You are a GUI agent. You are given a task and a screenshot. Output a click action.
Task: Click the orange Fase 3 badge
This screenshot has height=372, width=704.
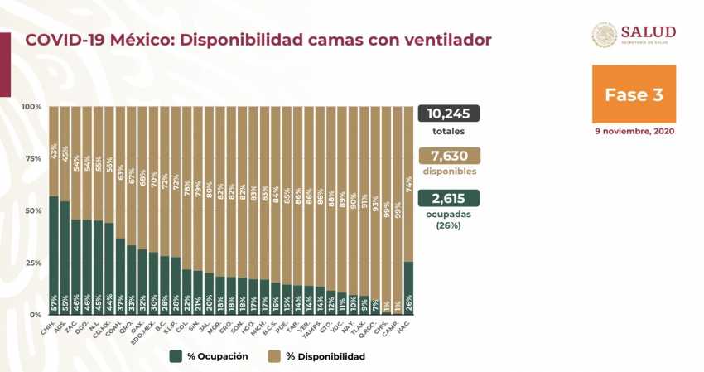click(x=634, y=94)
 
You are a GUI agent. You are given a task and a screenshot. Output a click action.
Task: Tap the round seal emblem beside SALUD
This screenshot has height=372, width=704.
click(x=604, y=35)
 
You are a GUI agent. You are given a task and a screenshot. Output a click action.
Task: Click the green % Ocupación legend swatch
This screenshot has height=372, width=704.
click(x=176, y=356)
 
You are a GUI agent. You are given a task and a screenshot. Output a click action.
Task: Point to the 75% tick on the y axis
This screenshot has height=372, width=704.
click(x=31, y=159)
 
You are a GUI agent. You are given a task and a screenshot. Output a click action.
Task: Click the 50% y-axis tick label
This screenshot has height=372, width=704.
click(x=31, y=211)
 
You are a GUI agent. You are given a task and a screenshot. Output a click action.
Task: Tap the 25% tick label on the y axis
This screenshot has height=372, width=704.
click(x=31, y=263)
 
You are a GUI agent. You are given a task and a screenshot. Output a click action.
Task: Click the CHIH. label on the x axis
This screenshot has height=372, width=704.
click(x=47, y=329)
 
